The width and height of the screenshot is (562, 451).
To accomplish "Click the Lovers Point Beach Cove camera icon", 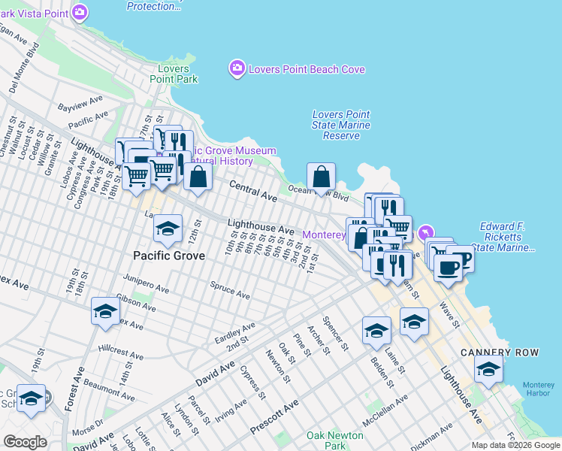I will click(237, 69).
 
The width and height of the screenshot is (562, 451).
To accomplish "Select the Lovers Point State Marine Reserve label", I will click(341, 125).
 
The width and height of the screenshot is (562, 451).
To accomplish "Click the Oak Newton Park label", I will click(335, 440).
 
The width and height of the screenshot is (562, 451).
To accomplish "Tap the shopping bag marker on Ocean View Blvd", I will click(321, 178).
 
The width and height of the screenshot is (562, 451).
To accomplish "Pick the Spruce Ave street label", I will click(230, 290).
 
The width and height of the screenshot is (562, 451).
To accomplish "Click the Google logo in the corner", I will click(25, 441).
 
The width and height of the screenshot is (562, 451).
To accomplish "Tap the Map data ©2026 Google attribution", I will click(515, 445).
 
